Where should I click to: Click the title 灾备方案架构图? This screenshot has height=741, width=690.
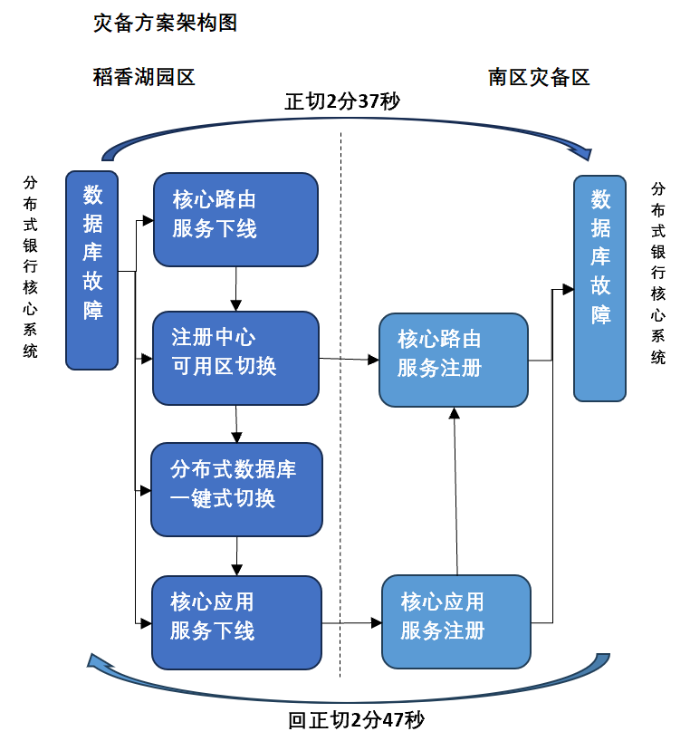165,23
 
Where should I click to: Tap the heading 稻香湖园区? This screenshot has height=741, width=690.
144,77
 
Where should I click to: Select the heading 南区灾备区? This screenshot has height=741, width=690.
539,78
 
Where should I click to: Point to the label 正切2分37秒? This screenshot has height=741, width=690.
342,101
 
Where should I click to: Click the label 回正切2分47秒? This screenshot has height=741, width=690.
356,720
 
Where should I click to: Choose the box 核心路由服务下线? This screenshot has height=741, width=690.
235,220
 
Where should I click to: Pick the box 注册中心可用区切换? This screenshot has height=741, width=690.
235,358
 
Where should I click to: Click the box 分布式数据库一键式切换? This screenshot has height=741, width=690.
236,489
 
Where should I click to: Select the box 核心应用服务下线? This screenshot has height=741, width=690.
236,622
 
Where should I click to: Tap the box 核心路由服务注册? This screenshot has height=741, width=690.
454,361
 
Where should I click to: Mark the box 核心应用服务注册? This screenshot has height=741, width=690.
456,622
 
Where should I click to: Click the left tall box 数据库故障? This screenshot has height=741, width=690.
91,270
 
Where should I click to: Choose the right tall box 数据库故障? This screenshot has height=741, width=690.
599,288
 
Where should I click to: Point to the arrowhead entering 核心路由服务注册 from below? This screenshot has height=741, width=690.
454,413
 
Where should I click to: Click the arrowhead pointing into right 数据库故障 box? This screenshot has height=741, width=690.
568,289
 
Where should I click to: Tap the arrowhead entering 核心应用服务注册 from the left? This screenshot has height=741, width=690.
377,622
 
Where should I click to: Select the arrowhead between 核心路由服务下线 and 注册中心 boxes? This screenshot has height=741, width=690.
236,305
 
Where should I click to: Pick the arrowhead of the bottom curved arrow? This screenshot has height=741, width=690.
98,660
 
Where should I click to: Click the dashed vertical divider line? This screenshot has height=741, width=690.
340,405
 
